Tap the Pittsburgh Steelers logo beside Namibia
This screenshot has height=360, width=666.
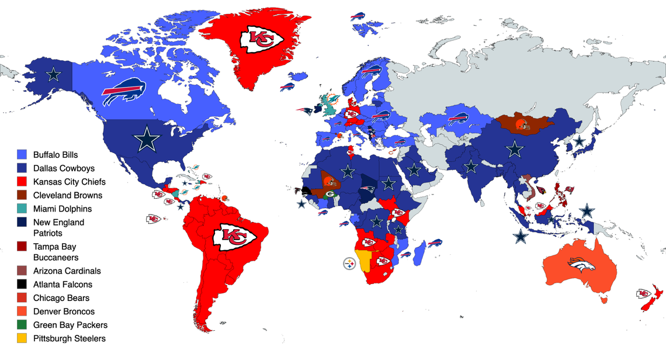(349, 264)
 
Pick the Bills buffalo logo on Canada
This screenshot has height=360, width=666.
(124, 91)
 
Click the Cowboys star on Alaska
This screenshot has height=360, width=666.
(54, 74)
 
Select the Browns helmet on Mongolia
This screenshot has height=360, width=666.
(523, 123)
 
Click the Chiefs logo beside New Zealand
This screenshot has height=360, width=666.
(643, 293)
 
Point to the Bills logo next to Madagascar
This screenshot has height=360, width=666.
(433, 243)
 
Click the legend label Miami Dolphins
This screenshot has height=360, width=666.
(62, 209)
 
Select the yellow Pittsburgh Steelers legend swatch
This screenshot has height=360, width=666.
(22, 338)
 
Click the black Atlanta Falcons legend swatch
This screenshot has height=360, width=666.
(22, 285)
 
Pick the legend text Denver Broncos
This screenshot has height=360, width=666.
(64, 311)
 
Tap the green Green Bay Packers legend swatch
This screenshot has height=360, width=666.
(22, 325)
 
